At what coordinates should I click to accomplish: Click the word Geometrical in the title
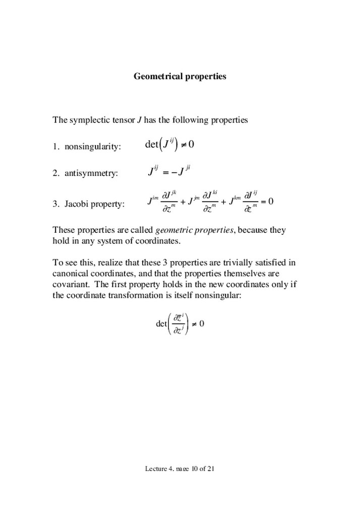pos(156,77)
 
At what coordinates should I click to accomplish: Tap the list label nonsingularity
pos(92,147)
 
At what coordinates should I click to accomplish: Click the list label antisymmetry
pos(91,173)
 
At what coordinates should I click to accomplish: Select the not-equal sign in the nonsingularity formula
pos(183,145)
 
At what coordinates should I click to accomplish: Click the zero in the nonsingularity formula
pos(192,145)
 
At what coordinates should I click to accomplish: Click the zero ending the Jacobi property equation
pos(270,202)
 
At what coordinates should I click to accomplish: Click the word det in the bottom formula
pos(161,324)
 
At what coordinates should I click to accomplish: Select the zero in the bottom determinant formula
pos(202,324)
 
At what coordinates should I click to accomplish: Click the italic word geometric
pos(173,230)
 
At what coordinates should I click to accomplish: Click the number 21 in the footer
pos(211,469)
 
